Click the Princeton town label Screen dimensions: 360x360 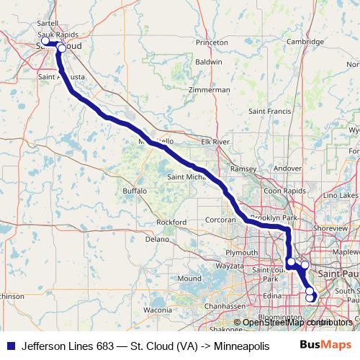click(211, 42)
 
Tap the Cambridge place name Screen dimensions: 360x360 click(305, 42)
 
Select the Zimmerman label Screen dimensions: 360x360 click(209, 90)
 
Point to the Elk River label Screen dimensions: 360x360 click(215, 143)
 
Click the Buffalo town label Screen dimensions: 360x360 click(135, 191)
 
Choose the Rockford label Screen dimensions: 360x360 click(171, 222)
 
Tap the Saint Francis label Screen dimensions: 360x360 click(269, 112)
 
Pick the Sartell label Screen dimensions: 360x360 click(47, 24)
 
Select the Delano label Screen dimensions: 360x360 click(157, 238)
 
